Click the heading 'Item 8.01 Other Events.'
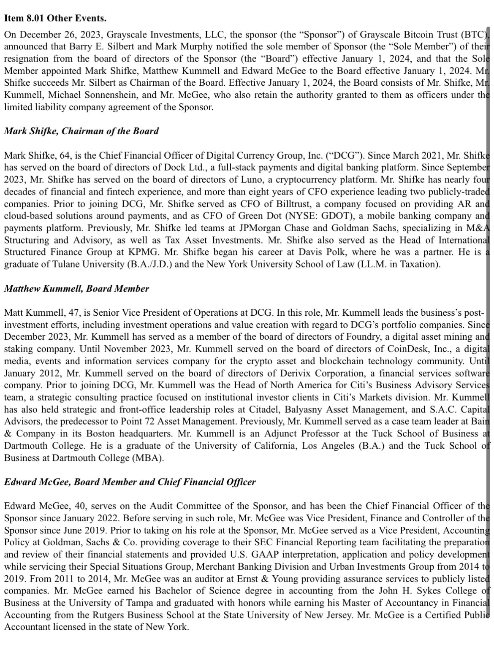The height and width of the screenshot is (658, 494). (55, 18)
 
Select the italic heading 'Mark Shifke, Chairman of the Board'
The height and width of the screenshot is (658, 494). (81, 131)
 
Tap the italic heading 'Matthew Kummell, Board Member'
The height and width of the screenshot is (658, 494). (76, 289)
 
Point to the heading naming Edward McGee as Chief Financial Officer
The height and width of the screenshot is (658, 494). (130, 482)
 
